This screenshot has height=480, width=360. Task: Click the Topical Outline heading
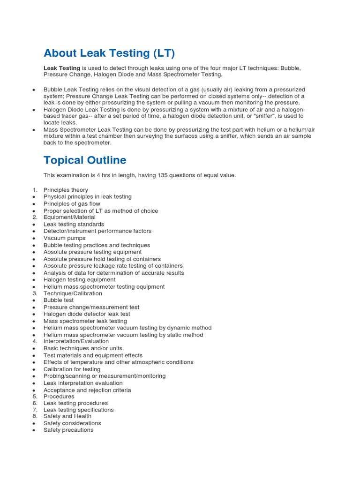(85, 160)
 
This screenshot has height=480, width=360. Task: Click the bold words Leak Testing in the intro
(62, 68)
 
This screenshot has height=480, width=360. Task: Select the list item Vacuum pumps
(65, 238)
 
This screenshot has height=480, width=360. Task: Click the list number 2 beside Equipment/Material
(35, 217)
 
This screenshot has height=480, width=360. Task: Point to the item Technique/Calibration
(73, 293)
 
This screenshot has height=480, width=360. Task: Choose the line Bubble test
(59, 300)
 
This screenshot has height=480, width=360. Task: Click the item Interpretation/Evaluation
(76, 341)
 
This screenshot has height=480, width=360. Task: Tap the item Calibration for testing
(72, 369)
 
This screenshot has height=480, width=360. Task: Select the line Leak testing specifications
(79, 410)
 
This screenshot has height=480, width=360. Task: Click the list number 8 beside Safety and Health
(35, 416)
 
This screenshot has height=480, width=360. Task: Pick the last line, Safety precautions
(68, 430)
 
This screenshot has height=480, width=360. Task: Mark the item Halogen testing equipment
(79, 280)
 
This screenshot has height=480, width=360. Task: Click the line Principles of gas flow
(72, 204)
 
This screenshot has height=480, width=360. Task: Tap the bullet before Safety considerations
(34, 424)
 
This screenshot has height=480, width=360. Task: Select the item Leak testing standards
(74, 225)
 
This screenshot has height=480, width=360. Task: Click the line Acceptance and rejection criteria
(87, 390)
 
